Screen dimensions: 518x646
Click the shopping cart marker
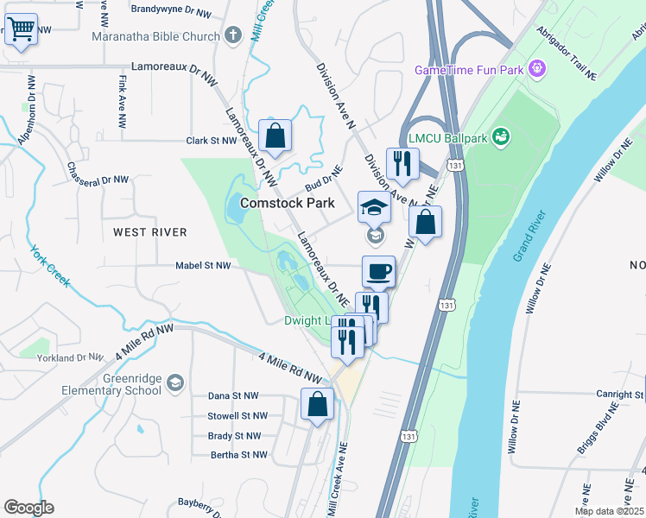[x=21, y=29]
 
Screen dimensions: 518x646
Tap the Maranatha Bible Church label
[x=157, y=36]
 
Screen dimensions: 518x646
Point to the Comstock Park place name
[x=286, y=203]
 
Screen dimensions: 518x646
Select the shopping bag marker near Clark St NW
[x=274, y=136]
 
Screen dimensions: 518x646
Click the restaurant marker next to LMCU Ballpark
[x=402, y=164]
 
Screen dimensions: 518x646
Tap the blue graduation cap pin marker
[x=374, y=208]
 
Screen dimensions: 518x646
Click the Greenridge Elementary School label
[x=111, y=384]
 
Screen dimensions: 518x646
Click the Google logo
[x=28, y=507]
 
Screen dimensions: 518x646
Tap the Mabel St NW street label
[x=203, y=266]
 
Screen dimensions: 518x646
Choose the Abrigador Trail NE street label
[x=566, y=53]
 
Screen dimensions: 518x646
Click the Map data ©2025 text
[x=610, y=511]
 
